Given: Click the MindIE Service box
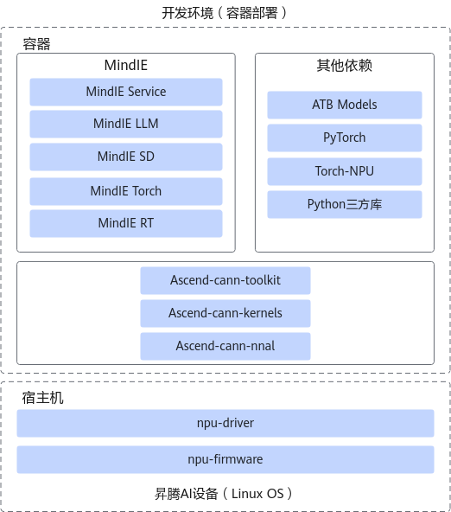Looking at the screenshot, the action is tap(126, 92).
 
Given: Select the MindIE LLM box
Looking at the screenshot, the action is tap(126, 124).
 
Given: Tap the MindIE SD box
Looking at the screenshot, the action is tap(126, 157).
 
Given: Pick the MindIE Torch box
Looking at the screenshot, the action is tap(126, 191).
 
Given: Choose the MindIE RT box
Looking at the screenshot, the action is tap(126, 223).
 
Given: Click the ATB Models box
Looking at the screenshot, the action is tap(345, 105).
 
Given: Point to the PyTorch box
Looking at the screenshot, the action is tap(345, 138).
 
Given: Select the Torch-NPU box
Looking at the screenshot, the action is tap(345, 171).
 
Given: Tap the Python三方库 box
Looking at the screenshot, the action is tap(345, 204).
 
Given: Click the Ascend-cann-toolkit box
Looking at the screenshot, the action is tap(225, 280).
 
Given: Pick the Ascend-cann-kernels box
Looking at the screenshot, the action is tap(225, 313).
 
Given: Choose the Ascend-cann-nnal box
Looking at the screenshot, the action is tap(225, 346).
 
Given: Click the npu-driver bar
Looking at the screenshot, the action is tap(225, 423).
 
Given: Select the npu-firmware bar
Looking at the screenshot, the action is tap(225, 459).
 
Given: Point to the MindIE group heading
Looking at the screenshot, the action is tap(126, 65).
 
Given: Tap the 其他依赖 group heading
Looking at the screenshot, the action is tap(345, 66).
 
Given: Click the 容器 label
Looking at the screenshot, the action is tap(36, 44).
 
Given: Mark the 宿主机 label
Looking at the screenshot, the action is tap(42, 398).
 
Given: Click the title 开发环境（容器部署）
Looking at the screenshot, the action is tap(225, 13).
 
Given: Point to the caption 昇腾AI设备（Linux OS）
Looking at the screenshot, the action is tap(224, 493).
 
